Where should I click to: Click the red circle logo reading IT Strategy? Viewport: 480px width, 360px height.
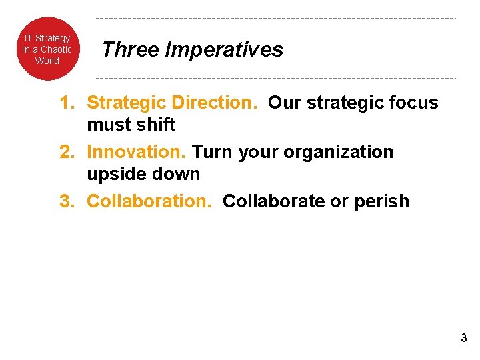[x=47, y=49]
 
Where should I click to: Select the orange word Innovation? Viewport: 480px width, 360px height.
[x=138, y=152]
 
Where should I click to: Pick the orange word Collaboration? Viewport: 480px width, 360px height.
[x=149, y=201]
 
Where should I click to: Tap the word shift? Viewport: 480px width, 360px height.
[x=157, y=125]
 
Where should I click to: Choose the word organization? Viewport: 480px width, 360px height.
[x=338, y=153]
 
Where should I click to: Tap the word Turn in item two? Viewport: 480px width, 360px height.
[x=213, y=152]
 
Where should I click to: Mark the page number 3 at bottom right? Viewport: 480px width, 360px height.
[x=463, y=338]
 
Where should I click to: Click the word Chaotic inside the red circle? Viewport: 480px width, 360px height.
[x=56, y=49]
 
